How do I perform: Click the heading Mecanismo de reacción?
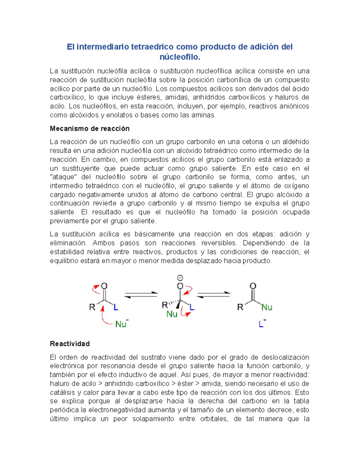(x=89, y=129)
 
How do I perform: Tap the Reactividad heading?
(x=70, y=344)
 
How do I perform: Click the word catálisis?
(x=62, y=392)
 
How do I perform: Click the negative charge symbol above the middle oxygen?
(x=180, y=278)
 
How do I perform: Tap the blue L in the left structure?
(x=116, y=307)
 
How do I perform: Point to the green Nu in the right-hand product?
(x=266, y=307)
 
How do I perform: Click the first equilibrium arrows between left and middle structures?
(x=141, y=295)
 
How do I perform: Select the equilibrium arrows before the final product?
(x=214, y=295)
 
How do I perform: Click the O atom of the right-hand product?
(x=253, y=286)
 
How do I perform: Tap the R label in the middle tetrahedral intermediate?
(x=165, y=305)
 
